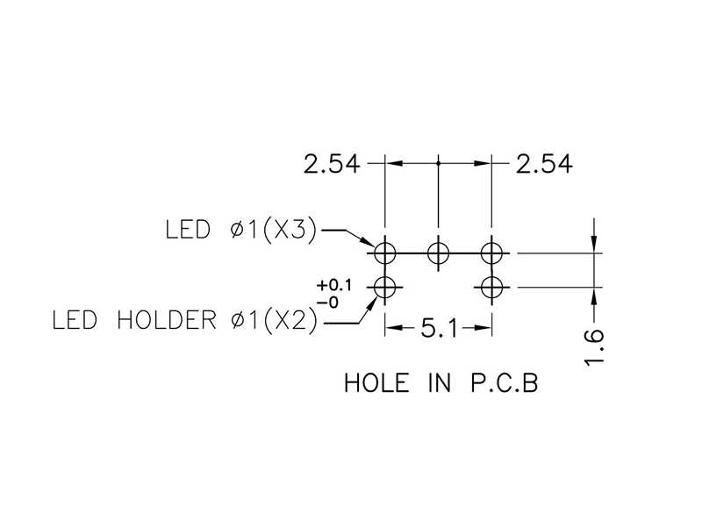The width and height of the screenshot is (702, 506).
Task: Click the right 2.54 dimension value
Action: pyautogui.click(x=545, y=164)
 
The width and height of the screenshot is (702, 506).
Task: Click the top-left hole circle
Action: pyautogui.click(x=384, y=253)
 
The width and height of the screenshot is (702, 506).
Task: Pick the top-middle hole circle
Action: pyautogui.click(x=438, y=253)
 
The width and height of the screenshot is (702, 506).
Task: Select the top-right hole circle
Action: pyautogui.click(x=491, y=253)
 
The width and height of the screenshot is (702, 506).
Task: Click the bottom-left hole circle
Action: pyautogui.click(x=384, y=286)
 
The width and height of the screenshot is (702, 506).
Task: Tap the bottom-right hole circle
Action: pyautogui.click(x=491, y=286)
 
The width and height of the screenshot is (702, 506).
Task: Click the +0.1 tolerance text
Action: pyautogui.click(x=333, y=286)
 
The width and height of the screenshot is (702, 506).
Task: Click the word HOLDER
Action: pyautogui.click(x=166, y=320)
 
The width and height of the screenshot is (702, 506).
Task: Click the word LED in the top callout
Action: pyautogui.click(x=188, y=231)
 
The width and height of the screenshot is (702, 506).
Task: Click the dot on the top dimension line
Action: pyautogui.click(x=438, y=163)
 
